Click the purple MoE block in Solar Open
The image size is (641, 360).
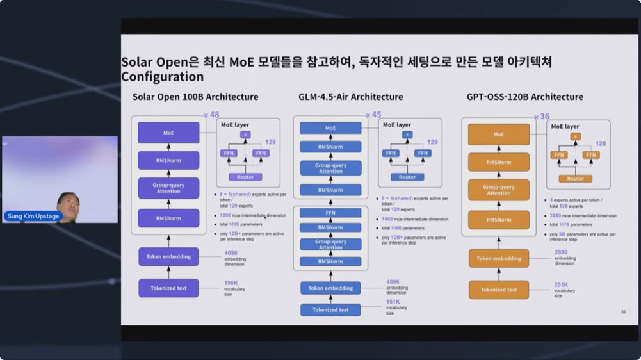[x=168, y=133]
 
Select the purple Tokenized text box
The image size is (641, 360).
[x=168, y=288]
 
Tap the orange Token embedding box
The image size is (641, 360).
[x=499, y=259]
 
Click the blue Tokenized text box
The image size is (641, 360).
[x=330, y=310]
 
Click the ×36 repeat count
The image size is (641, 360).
[x=542, y=117]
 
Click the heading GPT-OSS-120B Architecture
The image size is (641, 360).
[x=525, y=97]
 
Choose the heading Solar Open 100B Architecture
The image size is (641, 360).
[x=195, y=97]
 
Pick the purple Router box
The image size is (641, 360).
[x=245, y=176]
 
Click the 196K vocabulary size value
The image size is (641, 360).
[x=231, y=282]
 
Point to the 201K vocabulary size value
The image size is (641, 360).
[x=562, y=284]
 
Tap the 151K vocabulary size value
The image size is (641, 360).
[x=393, y=302]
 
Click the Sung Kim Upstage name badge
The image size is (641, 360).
[x=33, y=217]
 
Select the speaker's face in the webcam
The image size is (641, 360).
[x=67, y=203]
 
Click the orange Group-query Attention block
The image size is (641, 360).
[x=499, y=190]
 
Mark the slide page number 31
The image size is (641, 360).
[x=623, y=312]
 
